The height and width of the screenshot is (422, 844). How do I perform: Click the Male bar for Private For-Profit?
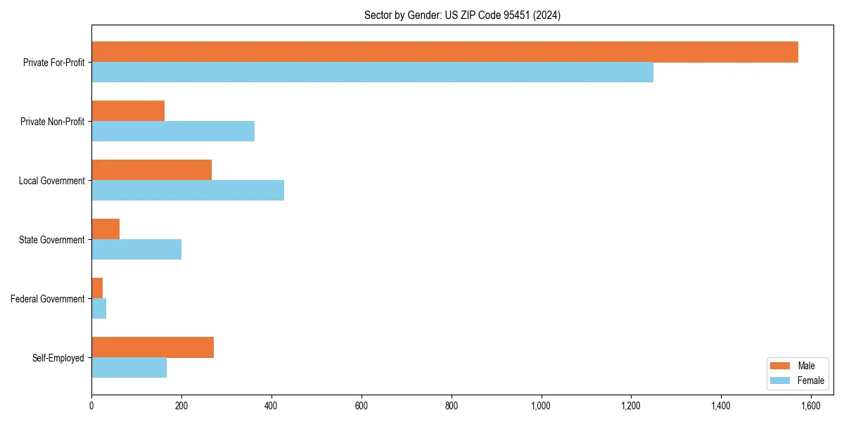click(x=445, y=52)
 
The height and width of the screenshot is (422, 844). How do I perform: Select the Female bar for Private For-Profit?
click(x=372, y=72)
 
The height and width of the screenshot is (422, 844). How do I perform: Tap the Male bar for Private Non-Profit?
click(x=128, y=111)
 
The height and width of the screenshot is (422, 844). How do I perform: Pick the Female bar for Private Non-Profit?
click(x=173, y=132)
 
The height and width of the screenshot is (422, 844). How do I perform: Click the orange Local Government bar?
click(x=151, y=170)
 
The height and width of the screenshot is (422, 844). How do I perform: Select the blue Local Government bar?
click(x=188, y=191)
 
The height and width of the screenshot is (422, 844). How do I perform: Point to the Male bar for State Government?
click(x=105, y=229)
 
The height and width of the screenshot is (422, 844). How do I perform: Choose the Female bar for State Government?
click(x=136, y=250)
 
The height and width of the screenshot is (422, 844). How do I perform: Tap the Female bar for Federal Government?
click(x=99, y=309)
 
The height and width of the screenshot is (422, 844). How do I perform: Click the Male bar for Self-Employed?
click(x=153, y=347)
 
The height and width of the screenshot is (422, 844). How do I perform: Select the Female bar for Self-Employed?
click(x=129, y=368)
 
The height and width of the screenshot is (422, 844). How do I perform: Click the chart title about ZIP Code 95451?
click(x=462, y=15)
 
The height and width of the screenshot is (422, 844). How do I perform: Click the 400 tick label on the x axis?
click(x=271, y=406)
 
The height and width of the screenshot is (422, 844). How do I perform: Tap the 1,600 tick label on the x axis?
click(x=811, y=406)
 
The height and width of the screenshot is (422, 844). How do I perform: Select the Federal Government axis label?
click(x=48, y=299)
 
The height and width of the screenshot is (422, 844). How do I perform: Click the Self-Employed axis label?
click(x=58, y=358)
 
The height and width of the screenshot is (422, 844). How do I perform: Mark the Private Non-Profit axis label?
click(x=52, y=122)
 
